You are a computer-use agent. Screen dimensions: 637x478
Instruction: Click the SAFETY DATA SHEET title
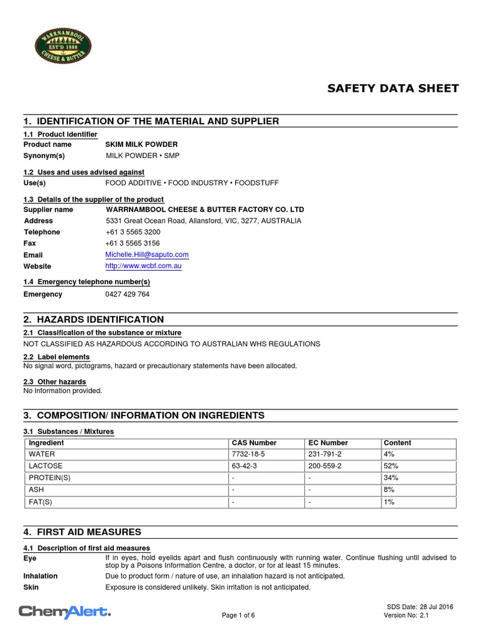click(x=393, y=88)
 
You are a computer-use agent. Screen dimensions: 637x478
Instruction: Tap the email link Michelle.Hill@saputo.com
click(x=147, y=254)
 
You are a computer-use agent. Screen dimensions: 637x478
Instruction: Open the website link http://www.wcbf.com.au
click(x=144, y=266)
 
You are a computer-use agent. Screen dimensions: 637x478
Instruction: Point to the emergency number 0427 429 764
click(x=128, y=294)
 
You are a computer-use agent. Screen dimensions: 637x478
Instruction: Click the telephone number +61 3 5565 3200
click(x=133, y=232)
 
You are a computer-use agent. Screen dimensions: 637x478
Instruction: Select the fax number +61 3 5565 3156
click(x=133, y=243)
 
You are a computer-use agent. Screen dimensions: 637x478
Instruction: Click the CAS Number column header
click(x=254, y=443)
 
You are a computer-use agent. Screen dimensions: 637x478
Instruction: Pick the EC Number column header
click(x=329, y=443)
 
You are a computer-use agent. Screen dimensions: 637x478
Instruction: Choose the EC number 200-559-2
click(x=326, y=466)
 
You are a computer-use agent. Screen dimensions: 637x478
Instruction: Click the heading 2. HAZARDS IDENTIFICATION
click(x=93, y=319)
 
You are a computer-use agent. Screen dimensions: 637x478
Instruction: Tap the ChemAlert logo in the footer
click(x=65, y=613)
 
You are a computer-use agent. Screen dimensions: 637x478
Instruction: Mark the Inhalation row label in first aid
click(x=40, y=576)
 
